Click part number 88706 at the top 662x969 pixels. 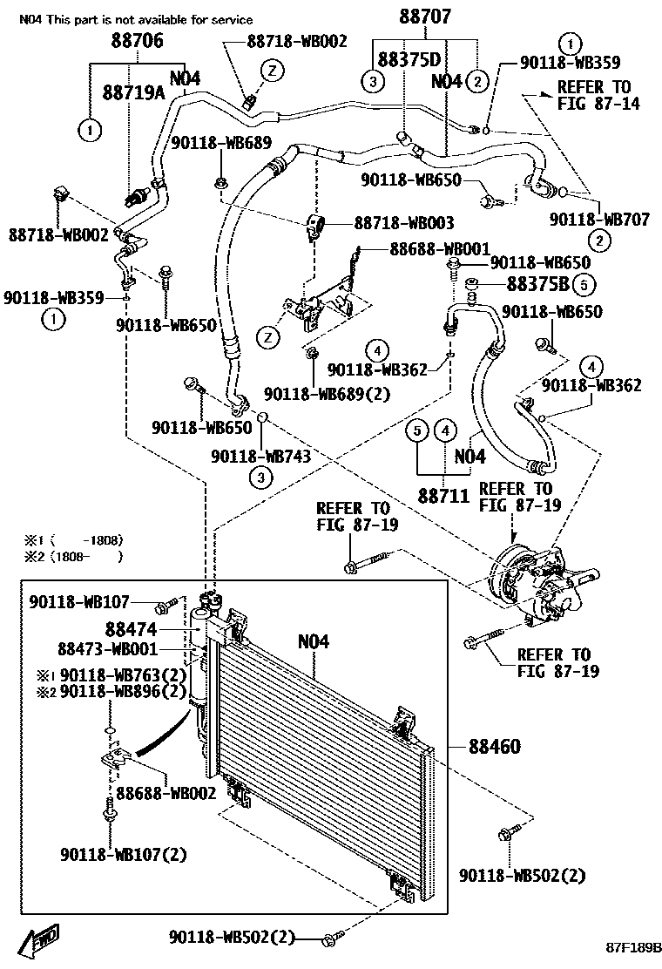coord(137,41)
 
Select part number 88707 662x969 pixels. coord(425,16)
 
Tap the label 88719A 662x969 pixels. coord(133,92)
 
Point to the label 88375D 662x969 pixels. coord(409,59)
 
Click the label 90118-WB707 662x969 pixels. coord(599,219)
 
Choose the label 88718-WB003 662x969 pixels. coord(404,222)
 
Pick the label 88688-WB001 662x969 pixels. coord(440,249)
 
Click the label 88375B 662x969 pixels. coord(538,284)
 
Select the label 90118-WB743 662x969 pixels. coord(260,456)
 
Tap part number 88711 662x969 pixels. coord(444,496)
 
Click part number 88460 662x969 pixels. coord(495,747)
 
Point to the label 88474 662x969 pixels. coord(131,630)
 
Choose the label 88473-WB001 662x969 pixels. coord(107,649)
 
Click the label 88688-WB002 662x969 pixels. coord(166,793)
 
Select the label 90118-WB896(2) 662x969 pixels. coord(123,691)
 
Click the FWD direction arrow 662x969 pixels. coord(39,941)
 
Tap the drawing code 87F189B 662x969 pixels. coord(633,947)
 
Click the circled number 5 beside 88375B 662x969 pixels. coord(584,284)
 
